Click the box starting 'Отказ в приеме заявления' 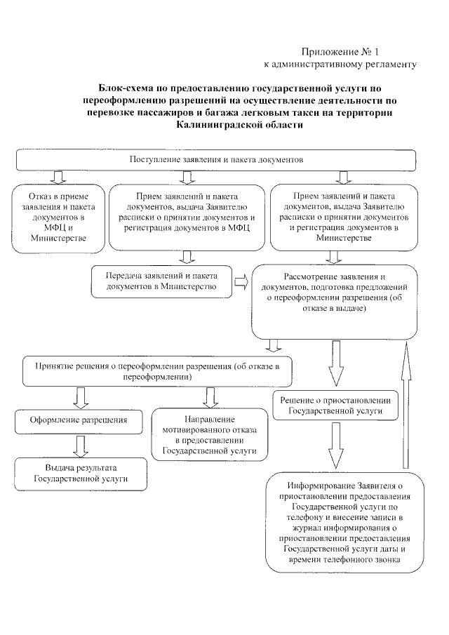coord(58,217)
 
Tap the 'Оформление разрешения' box coord(78,420)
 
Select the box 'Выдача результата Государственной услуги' coord(81,474)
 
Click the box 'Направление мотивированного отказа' coord(208,434)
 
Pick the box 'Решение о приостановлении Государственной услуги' coord(335,404)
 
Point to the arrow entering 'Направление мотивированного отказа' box coord(208,397)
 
